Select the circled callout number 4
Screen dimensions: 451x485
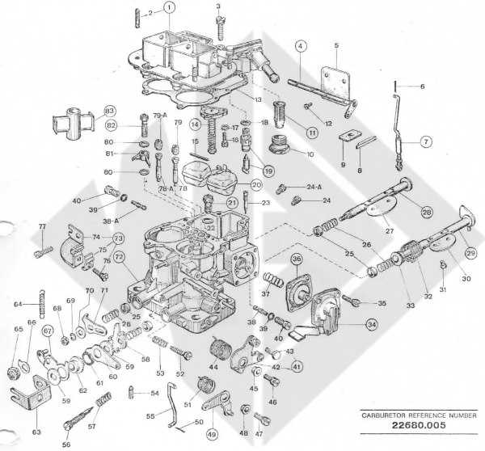pyautogui.click(x=300, y=46)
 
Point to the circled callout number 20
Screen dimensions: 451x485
pyautogui.click(x=256, y=184)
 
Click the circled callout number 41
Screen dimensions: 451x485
pyautogui.click(x=297, y=366)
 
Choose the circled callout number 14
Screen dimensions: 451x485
pyautogui.click(x=195, y=125)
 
